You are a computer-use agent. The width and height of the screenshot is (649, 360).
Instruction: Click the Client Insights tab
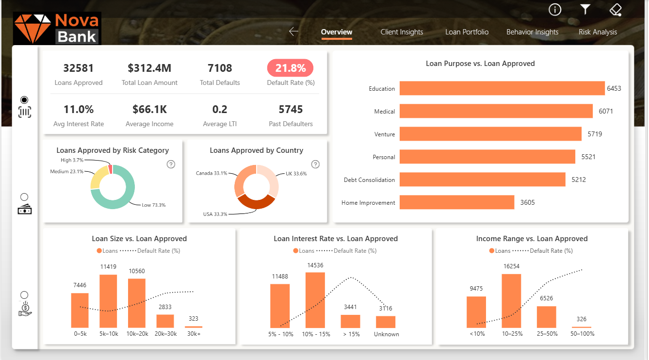tap(402, 32)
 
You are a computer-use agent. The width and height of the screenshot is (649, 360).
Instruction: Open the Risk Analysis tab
tap(598, 32)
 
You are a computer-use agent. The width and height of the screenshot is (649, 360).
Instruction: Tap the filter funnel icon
tap(585, 10)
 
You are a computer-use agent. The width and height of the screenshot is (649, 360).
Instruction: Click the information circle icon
tap(555, 10)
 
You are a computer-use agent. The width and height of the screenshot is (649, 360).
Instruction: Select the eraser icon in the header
tap(616, 10)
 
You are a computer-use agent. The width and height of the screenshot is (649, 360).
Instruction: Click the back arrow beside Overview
tap(293, 32)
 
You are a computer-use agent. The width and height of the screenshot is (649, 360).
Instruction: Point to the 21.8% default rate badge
tap(290, 68)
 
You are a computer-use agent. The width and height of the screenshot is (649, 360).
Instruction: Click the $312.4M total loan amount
tap(149, 68)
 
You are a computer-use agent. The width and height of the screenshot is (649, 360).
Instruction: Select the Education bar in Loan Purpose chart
tap(502, 88)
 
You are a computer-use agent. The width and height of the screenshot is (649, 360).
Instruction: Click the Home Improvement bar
tap(456, 202)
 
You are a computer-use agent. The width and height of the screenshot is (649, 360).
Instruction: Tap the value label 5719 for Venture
tap(595, 134)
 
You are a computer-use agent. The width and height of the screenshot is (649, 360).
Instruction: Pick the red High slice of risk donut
tap(110, 169)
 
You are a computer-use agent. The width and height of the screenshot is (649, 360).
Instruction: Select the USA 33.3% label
tap(215, 214)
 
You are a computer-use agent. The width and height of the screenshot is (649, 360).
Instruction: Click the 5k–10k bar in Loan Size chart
tap(108, 301)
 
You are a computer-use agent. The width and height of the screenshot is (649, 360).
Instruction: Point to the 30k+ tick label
tap(193, 334)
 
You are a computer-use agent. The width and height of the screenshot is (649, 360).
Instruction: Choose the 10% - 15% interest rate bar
tap(315, 300)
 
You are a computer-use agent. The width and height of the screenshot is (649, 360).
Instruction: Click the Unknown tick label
tap(386, 334)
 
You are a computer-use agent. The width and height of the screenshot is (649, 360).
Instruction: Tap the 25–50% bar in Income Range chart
tap(546, 317)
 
